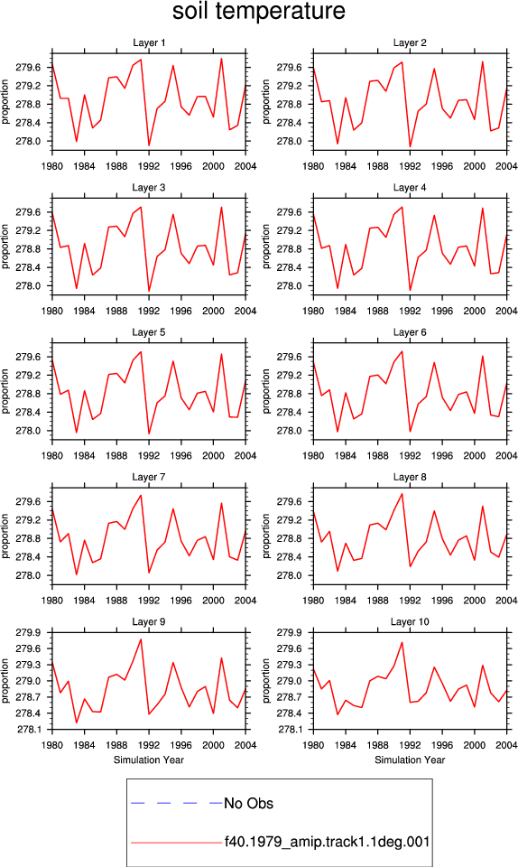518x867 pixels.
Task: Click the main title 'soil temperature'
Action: coord(258,11)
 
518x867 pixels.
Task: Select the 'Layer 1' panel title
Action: coord(149,42)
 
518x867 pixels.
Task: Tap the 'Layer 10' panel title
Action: coord(410,622)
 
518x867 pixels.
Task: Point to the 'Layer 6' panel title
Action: coord(410,332)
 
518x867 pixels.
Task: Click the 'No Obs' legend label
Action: coord(248,804)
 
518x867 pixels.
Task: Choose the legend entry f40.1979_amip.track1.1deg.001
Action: coord(327,842)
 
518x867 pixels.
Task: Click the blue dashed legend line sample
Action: coord(177,803)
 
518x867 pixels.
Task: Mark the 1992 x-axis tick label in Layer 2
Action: coord(410,166)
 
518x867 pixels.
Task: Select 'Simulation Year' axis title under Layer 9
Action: coord(149,760)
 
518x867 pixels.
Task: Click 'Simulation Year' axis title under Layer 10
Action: coord(410,760)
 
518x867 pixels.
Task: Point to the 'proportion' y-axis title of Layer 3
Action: coord(5,247)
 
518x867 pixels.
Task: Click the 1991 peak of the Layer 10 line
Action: coord(402,642)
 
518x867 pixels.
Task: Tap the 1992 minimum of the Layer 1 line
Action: coord(149,145)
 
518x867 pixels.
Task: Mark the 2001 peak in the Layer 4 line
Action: coord(483,208)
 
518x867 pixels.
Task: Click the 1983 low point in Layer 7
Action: coord(76,574)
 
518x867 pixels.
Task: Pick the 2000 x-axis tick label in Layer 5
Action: coord(213,455)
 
